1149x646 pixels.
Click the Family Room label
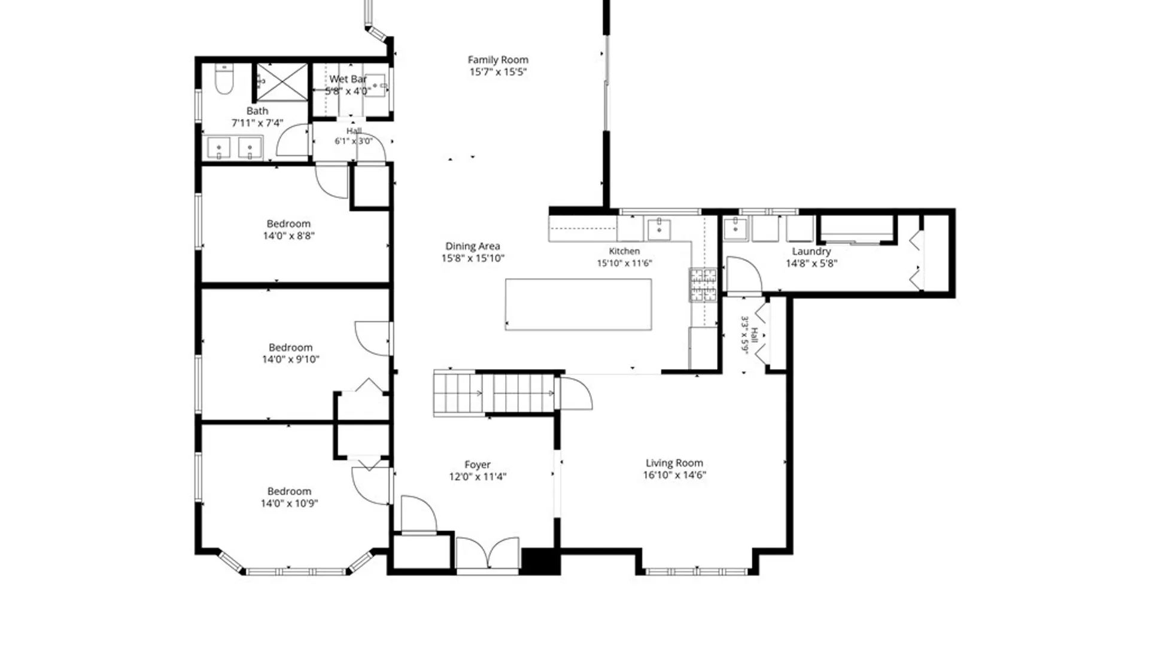[498, 60]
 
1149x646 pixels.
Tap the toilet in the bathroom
[224, 80]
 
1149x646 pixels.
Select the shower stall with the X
[282, 82]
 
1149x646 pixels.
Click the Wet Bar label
[348, 79]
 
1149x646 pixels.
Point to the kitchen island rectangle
[578, 304]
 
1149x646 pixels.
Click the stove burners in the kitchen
[703, 285]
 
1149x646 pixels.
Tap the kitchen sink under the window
[659, 229]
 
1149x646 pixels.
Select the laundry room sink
[735, 228]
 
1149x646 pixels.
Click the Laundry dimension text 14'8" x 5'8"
[811, 263]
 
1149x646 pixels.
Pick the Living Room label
[674, 463]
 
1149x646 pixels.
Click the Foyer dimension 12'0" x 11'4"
[478, 477]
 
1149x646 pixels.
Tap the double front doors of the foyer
[488, 553]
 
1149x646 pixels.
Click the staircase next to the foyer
[495, 394]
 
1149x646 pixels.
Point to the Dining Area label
[473, 246]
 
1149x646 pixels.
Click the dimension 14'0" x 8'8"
[289, 236]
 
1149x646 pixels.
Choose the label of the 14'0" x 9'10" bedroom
[290, 348]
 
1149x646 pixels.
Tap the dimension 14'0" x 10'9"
[289, 503]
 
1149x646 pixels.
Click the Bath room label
[257, 111]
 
